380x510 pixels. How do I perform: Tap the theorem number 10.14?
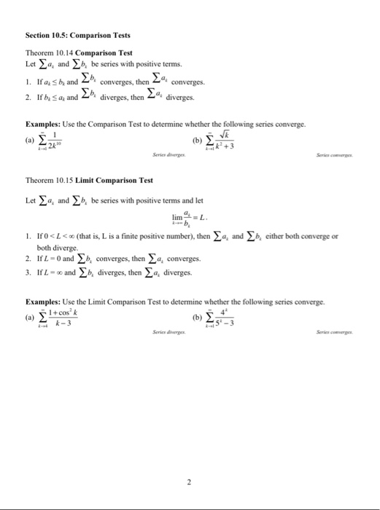(62, 54)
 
